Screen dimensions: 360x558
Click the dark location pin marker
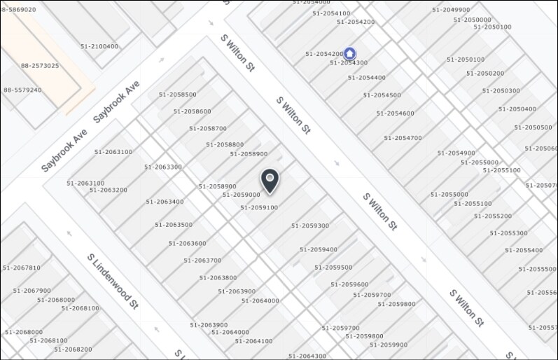pyautogui.click(x=270, y=181)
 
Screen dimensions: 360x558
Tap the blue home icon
pyautogui.click(x=349, y=54)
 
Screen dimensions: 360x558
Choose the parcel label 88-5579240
pyautogui.click(x=22, y=90)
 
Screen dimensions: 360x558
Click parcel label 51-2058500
pyautogui.click(x=177, y=95)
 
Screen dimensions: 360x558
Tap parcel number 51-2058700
pyautogui.click(x=207, y=128)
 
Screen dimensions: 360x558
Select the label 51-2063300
pyautogui.click(x=163, y=167)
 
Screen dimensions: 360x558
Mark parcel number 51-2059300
pyautogui.click(x=309, y=226)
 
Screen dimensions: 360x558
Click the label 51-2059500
pyautogui.click(x=333, y=267)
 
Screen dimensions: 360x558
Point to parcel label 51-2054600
pyautogui.click(x=395, y=113)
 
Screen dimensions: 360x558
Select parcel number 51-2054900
pyautogui.click(x=456, y=153)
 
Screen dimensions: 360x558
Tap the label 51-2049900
pyautogui.click(x=451, y=10)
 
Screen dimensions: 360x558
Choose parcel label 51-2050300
pyautogui.click(x=501, y=90)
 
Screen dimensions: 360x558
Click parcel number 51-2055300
pyautogui.click(x=508, y=233)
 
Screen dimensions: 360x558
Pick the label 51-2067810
pyautogui.click(x=22, y=268)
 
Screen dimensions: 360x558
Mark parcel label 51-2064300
pyautogui.click(x=307, y=356)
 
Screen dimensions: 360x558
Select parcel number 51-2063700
pyautogui.click(x=202, y=260)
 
